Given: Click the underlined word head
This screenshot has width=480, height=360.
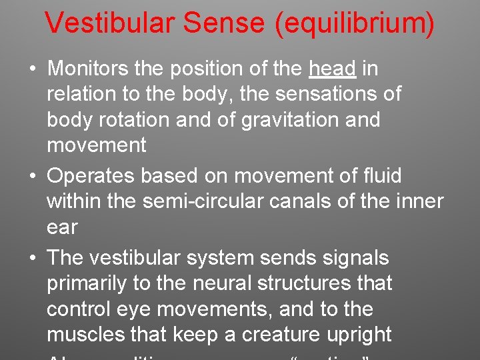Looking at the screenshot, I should [333, 69].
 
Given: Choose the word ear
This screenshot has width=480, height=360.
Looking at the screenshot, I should [62, 227].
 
